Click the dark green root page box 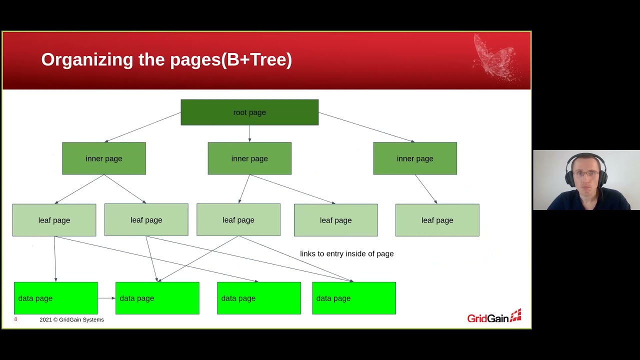click(x=249, y=112)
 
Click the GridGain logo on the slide click(x=494, y=317)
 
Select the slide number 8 click(x=15, y=319)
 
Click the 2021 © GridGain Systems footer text click(x=71, y=319)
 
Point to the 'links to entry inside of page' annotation click(x=346, y=253)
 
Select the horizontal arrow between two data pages click(x=106, y=298)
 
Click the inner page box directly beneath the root click(x=249, y=158)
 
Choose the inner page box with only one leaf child click(x=415, y=158)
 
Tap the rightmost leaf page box click(x=437, y=220)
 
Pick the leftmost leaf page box click(x=54, y=220)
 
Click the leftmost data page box click(x=55, y=298)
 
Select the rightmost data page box click(x=353, y=298)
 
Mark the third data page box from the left click(x=258, y=298)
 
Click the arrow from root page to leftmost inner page click(x=142, y=127)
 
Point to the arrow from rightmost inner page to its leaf click(x=426, y=189)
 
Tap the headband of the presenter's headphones click(x=586, y=155)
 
